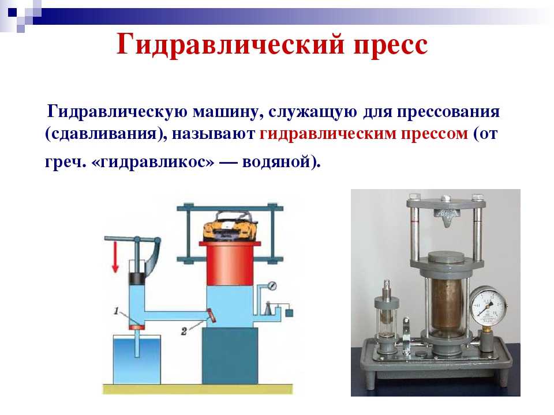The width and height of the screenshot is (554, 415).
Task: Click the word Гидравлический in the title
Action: (230, 45)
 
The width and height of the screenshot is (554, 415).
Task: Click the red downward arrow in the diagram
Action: (115, 258)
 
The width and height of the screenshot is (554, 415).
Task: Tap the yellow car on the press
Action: (230, 227)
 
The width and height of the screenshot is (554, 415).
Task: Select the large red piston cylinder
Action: (230, 263)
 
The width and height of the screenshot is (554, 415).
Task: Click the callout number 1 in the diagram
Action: (116, 311)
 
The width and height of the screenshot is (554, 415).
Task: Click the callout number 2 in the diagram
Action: (184, 331)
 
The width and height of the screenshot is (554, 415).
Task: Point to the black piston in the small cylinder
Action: (137, 279)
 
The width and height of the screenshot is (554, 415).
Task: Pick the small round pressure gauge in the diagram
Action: (272, 285)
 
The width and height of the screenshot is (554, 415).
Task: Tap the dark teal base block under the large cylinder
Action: (230, 356)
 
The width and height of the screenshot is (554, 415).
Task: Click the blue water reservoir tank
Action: (137, 359)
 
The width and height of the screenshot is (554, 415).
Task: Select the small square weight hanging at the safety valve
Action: (289, 312)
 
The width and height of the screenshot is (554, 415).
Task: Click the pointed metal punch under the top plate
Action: (446, 217)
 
